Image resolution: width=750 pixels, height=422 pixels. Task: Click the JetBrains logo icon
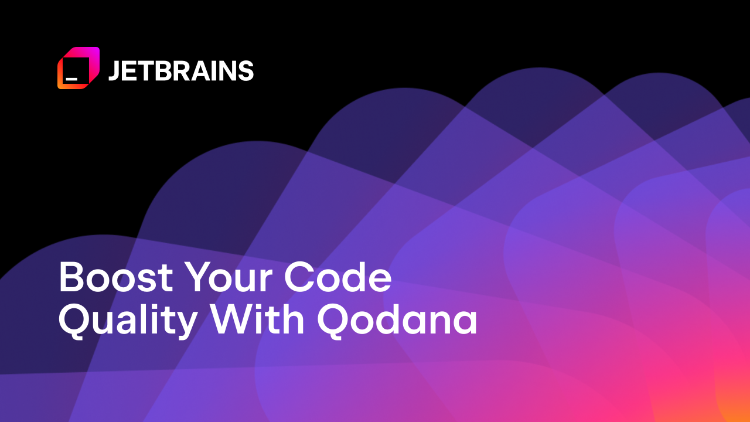[x=79, y=68]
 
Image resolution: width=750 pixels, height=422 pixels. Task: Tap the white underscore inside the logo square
[x=71, y=77]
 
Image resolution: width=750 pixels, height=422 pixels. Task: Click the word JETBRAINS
[x=180, y=71]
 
